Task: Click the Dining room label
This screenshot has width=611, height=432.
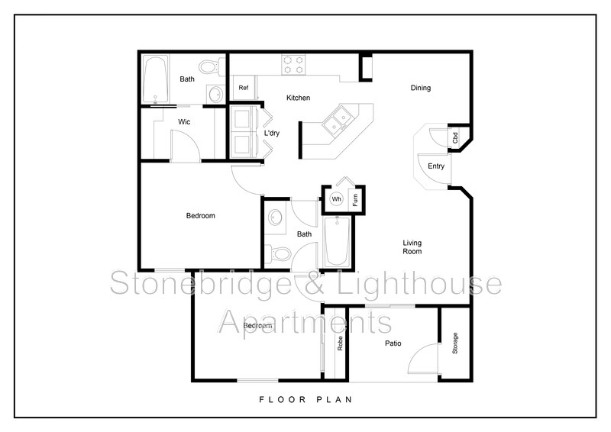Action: [421, 88]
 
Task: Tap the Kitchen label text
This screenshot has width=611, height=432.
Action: [297, 98]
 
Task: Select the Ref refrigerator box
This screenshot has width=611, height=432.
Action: [244, 88]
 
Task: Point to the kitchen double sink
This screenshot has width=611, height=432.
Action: [336, 121]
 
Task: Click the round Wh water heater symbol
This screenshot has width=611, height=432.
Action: [336, 199]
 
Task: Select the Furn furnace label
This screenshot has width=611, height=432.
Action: [355, 200]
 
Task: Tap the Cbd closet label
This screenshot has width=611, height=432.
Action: [456, 139]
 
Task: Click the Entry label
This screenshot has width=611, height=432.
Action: [436, 166]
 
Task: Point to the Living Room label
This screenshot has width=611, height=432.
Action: [412, 247]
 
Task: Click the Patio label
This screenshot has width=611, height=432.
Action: [393, 343]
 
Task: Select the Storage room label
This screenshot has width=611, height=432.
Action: [455, 343]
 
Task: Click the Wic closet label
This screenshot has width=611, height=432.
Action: [184, 121]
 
